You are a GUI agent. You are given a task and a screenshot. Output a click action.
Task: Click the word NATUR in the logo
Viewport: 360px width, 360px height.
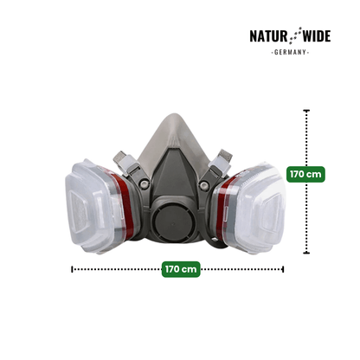[x=268, y=36]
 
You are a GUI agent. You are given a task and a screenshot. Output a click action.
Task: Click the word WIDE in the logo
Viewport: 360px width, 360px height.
[x=316, y=36]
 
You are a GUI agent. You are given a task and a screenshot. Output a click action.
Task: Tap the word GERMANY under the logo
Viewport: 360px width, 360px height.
[x=290, y=52]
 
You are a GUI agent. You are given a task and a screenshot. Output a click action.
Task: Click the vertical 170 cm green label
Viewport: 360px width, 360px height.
[x=305, y=174]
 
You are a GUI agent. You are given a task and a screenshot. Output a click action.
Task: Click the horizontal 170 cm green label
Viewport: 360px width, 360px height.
[x=181, y=269]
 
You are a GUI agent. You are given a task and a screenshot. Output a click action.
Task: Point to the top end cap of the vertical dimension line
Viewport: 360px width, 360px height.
[x=306, y=111]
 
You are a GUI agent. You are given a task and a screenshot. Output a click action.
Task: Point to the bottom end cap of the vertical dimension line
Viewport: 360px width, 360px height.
[x=306, y=253]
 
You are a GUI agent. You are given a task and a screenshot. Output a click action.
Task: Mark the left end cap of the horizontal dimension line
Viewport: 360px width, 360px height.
[x=72, y=269]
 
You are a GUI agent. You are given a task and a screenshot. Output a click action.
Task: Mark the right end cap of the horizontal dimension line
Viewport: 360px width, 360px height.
[x=283, y=269]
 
